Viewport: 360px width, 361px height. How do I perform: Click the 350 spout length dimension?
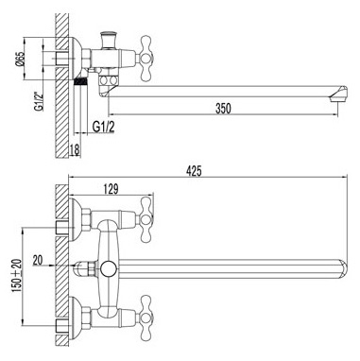click(x=223, y=109)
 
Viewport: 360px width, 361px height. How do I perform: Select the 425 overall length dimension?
click(x=194, y=171)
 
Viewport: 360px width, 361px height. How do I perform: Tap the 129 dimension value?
click(x=111, y=189)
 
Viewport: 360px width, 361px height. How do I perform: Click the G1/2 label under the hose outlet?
click(x=104, y=127)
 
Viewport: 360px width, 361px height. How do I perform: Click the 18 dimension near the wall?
click(x=75, y=149)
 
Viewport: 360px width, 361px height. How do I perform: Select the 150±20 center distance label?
click(x=17, y=275)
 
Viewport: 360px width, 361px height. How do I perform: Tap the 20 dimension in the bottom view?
click(x=38, y=260)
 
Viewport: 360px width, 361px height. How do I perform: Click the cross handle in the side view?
click(x=146, y=59)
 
